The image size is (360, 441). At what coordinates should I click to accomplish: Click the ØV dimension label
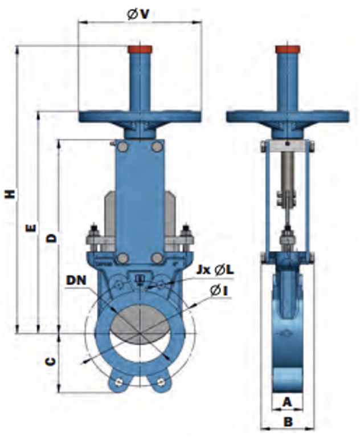[x=138, y=14]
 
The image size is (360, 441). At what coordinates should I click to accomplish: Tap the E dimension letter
[x=31, y=228]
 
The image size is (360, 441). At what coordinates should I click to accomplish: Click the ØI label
[x=219, y=291]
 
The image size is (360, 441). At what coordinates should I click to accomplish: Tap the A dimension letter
[x=287, y=402]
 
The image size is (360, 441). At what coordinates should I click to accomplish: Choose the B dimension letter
[x=288, y=422]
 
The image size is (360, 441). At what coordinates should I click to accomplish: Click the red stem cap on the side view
[x=288, y=50]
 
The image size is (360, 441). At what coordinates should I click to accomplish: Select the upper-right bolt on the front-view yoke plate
[x=156, y=148]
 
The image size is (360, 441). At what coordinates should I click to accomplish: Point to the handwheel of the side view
[x=288, y=116]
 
